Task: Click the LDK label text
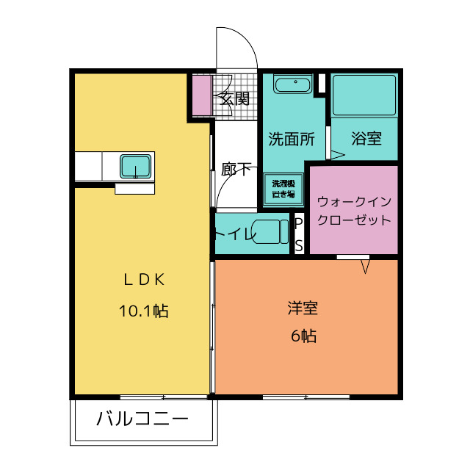(x=144, y=280)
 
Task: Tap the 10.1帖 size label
(x=144, y=311)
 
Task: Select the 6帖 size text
(x=303, y=336)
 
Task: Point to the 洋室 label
(x=303, y=308)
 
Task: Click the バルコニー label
(x=142, y=419)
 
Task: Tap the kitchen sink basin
(x=135, y=167)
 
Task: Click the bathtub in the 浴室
(x=364, y=95)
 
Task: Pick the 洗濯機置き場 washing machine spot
(x=283, y=189)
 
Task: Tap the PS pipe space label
(x=299, y=235)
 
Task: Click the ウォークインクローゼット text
(x=354, y=211)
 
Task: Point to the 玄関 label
(x=235, y=98)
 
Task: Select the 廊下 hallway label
(x=236, y=170)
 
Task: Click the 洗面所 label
(x=292, y=139)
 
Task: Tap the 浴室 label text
(x=366, y=139)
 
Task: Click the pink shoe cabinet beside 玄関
(x=202, y=95)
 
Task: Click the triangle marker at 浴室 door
(x=338, y=155)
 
